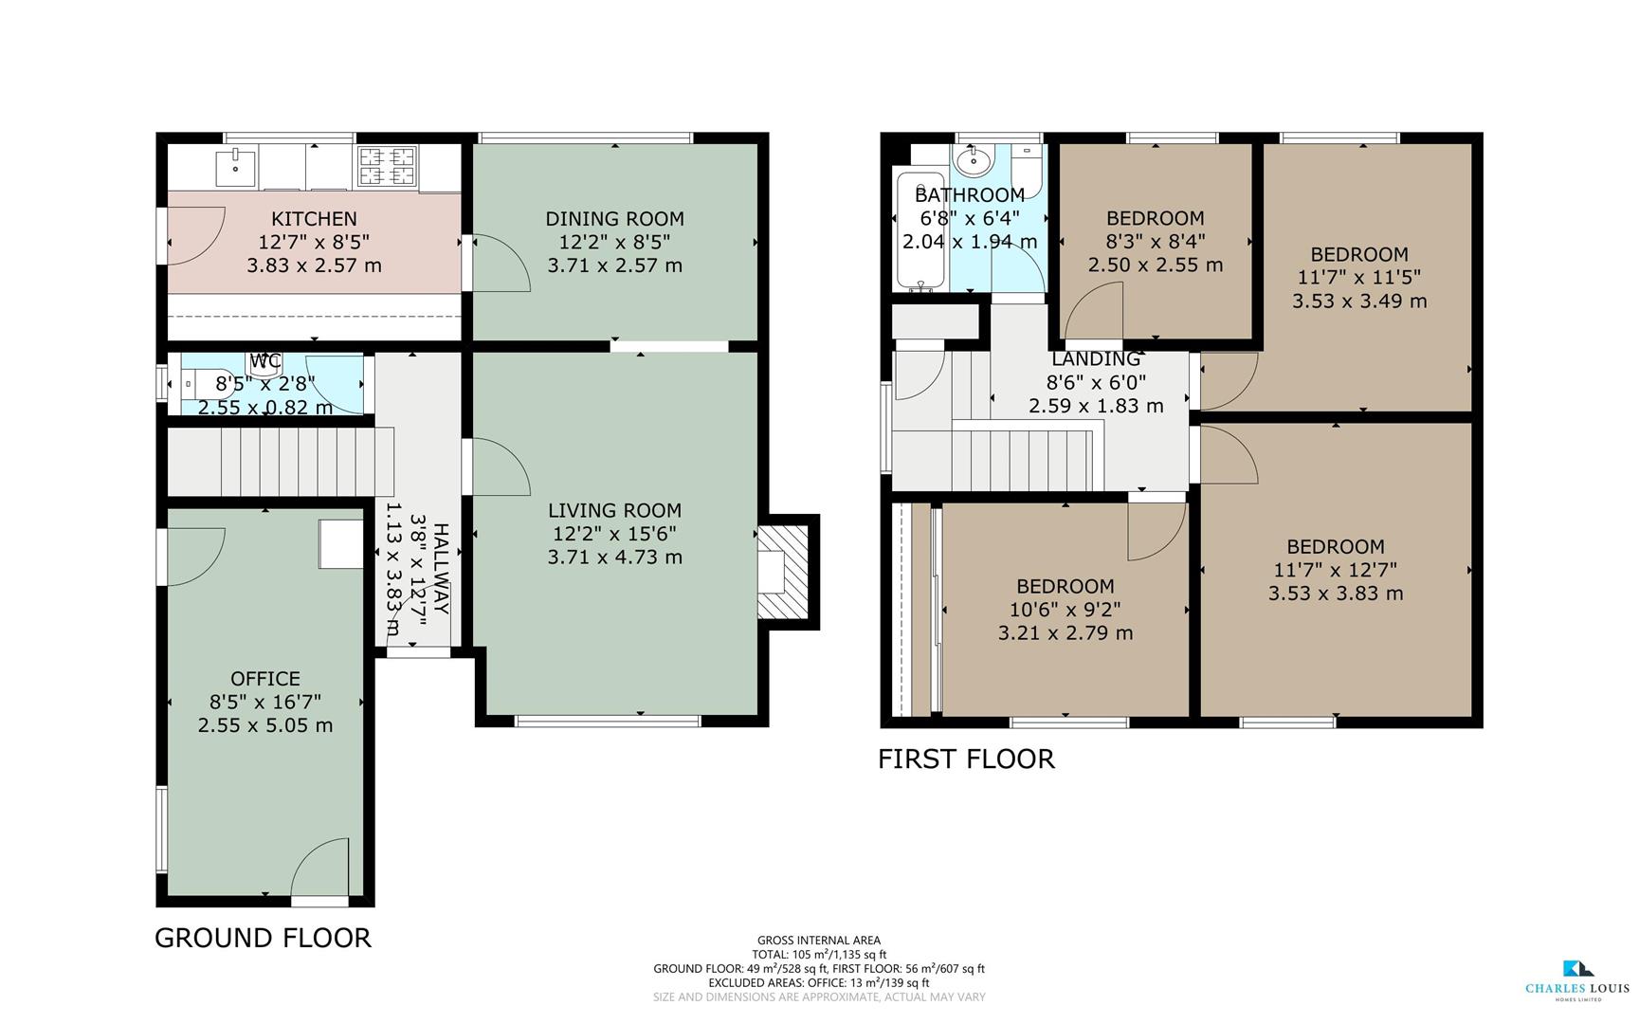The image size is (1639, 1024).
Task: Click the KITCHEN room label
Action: (314, 219)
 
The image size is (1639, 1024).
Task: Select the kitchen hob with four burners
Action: (387, 166)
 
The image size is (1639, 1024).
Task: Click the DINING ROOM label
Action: (614, 219)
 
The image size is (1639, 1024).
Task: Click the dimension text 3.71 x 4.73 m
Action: (614, 557)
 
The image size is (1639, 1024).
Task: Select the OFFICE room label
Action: (265, 679)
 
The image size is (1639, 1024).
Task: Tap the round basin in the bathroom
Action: (973, 162)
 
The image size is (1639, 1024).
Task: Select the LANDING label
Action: (1096, 359)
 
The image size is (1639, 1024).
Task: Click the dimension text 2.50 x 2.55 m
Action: (1155, 265)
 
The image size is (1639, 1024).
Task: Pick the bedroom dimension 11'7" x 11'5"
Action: (1358, 278)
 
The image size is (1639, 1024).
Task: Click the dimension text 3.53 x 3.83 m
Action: (1336, 594)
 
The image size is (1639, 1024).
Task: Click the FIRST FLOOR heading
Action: (966, 759)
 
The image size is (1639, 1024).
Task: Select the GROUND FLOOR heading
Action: (263, 938)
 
